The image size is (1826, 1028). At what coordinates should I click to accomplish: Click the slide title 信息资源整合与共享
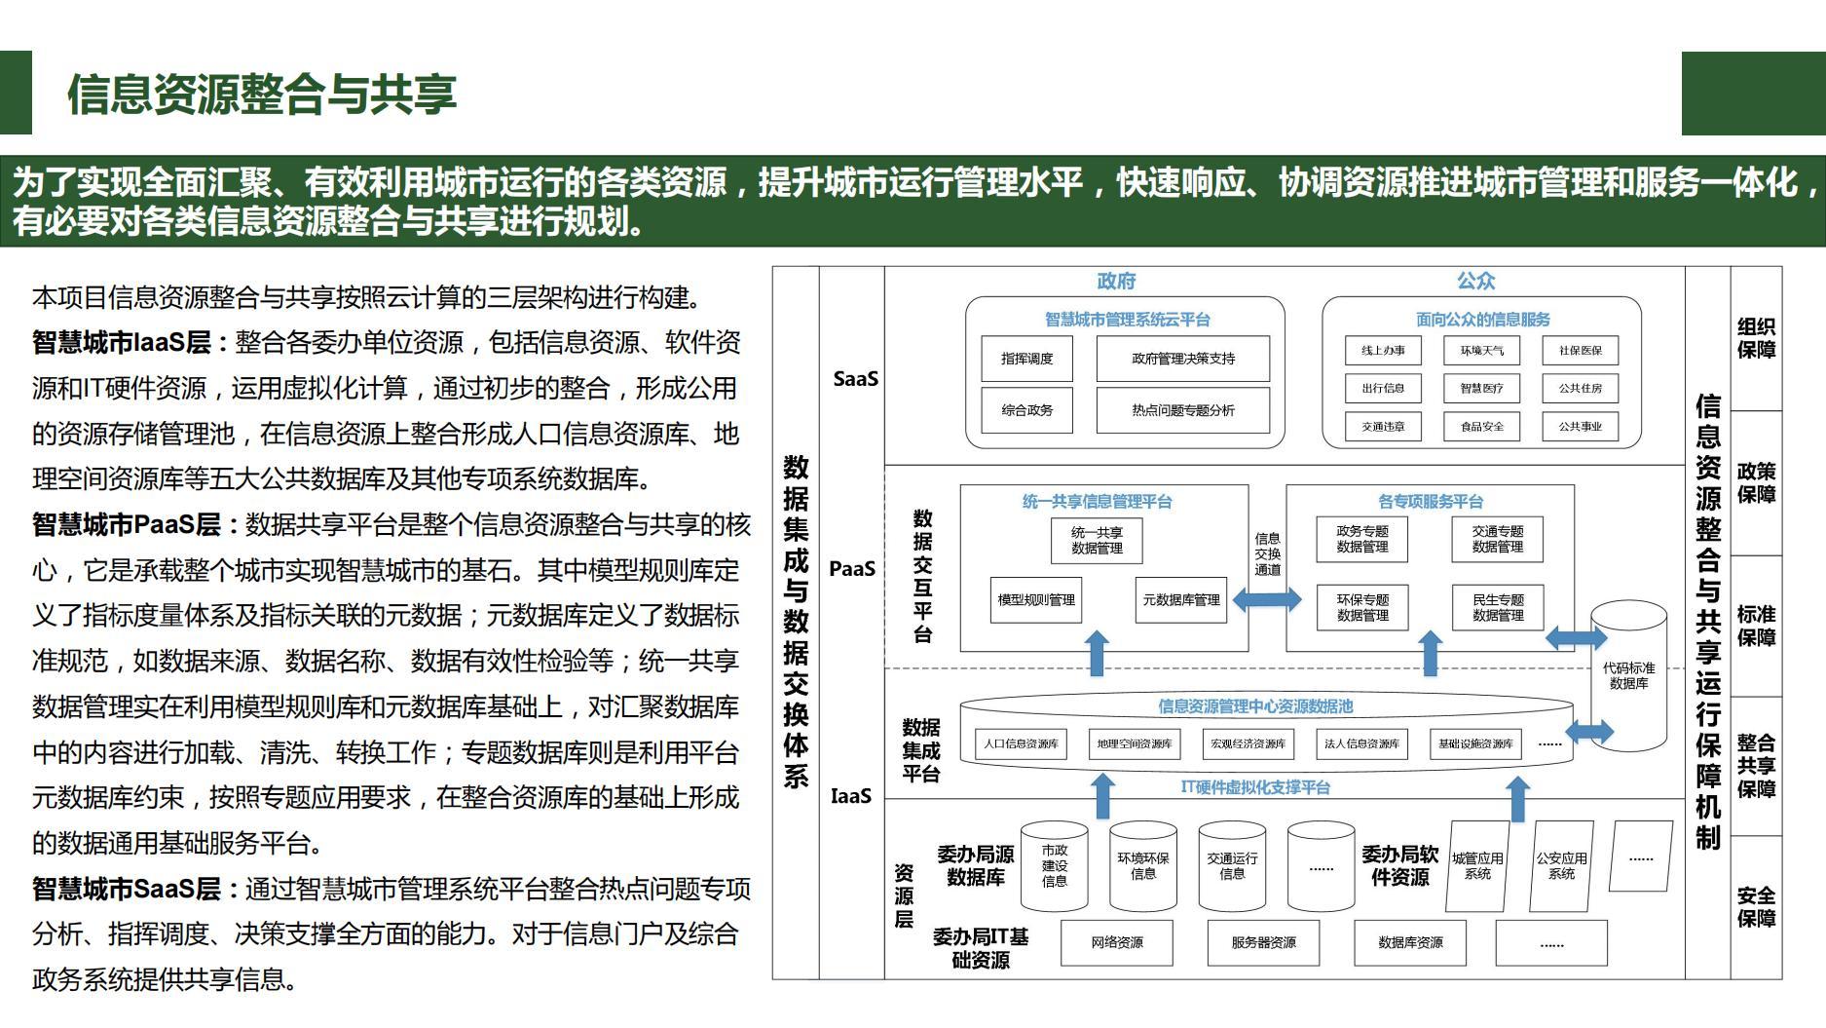point(261,95)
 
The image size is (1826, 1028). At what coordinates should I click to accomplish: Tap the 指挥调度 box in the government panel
point(1026,359)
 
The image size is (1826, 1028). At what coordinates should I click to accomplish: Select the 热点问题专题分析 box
point(1182,410)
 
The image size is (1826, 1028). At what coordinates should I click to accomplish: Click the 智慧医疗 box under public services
point(1481,388)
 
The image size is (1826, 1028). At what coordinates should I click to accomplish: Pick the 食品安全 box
point(1481,426)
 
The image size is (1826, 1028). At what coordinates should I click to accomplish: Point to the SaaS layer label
point(855,378)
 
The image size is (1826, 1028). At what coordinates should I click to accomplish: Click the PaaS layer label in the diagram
point(852,568)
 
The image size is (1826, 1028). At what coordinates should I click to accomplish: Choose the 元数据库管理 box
point(1180,600)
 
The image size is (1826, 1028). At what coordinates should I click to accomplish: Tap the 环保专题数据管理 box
point(1361,607)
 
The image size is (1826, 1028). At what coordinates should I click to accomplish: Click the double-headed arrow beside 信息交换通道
point(1267,599)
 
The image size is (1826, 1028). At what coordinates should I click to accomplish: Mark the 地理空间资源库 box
point(1135,743)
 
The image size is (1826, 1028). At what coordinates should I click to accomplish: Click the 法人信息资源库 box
point(1361,743)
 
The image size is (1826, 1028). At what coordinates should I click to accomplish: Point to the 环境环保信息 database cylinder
point(1142,866)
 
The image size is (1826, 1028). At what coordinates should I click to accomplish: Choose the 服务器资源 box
point(1263,942)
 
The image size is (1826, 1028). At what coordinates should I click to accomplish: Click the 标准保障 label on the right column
point(1756,626)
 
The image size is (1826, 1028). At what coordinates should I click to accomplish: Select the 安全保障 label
point(1756,906)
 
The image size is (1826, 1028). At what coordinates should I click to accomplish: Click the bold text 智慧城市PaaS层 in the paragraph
point(127,524)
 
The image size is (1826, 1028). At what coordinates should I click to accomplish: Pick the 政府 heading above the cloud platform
point(1116,281)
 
